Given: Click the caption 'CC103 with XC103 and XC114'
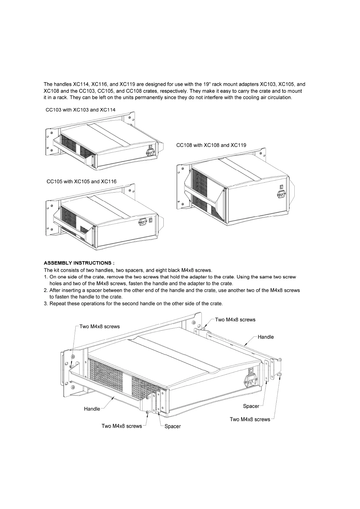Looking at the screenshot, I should click(x=80, y=110).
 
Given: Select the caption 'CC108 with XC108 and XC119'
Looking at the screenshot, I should click(x=211, y=145).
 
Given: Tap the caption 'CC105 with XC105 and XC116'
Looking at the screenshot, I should click(x=81, y=181).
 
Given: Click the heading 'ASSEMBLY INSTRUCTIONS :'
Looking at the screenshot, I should click(x=79, y=263).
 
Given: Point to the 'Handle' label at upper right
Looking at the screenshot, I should click(x=266, y=337).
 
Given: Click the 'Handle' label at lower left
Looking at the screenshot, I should click(x=92, y=409).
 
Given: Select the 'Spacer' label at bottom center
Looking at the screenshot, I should click(x=172, y=426).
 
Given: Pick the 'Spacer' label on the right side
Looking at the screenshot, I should click(x=251, y=406).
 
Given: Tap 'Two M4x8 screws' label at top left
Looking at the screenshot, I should click(x=100, y=326).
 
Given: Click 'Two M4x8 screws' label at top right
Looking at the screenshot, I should click(x=235, y=319).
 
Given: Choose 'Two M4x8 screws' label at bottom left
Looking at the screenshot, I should click(x=122, y=426).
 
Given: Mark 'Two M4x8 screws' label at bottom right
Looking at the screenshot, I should click(x=250, y=419).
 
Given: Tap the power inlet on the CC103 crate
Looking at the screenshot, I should click(x=150, y=153).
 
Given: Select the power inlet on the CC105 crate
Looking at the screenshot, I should click(x=142, y=222).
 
